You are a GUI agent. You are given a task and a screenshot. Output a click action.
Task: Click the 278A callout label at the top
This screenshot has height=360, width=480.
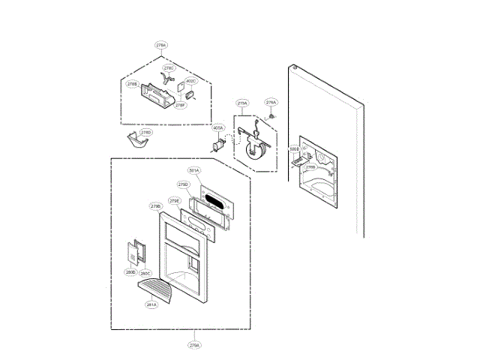pos(161,46)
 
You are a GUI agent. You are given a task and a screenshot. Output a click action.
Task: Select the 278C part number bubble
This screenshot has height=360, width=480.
pos(169,68)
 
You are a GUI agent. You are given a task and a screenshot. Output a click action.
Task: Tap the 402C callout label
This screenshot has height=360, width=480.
pos(190,81)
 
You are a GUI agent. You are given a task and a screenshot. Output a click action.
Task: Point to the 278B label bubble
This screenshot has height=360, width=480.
pos(132,84)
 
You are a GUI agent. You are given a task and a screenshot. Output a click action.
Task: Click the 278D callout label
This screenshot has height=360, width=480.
pos(146,132)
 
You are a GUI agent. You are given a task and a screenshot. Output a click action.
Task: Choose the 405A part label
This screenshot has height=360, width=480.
pos(218,128)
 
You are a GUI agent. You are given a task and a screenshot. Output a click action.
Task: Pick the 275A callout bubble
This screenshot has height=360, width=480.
pos(242,103)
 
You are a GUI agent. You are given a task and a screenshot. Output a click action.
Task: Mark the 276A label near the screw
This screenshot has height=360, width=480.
pos(271,102)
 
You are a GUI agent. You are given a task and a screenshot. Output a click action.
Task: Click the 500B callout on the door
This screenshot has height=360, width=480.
pos(294,149)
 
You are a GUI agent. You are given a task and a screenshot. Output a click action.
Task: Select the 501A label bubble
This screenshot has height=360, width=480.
pos(194,171)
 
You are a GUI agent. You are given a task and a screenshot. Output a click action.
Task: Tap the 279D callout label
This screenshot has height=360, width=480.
pos(183,184)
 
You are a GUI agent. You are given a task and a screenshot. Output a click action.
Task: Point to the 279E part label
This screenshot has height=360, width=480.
pos(174,201)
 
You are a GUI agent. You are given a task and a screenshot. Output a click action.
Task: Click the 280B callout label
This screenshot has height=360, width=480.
pos(130,272)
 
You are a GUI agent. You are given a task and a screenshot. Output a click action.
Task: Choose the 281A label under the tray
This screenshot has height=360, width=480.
pos(151,305)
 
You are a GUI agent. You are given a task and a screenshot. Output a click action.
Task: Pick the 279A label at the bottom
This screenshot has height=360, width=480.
pos(194,346)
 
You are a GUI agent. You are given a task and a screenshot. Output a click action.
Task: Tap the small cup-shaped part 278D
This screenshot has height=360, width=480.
pos(136,142)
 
